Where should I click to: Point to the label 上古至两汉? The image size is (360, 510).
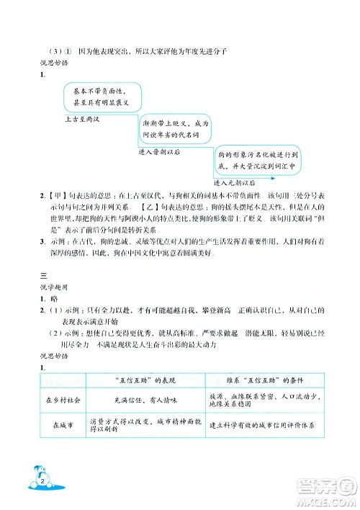tap(80, 115)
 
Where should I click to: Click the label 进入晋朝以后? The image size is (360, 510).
tap(159, 152)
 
